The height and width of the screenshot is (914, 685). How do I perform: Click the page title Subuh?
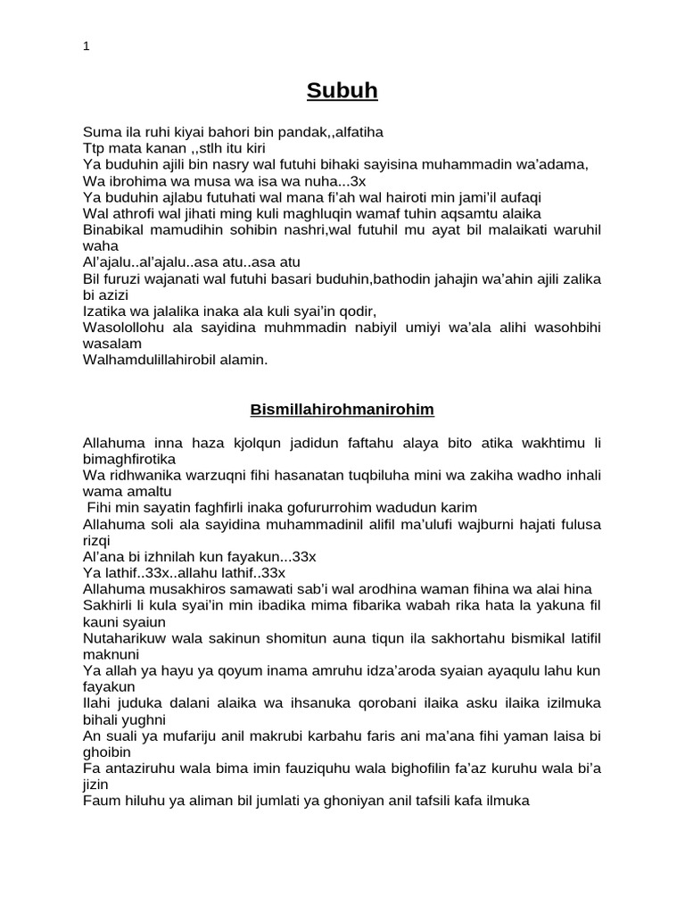pos(342,90)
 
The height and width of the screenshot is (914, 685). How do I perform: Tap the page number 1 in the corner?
pos(86,47)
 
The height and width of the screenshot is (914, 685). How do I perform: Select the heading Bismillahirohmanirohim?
pos(342,410)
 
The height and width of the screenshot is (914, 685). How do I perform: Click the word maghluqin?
pos(348,213)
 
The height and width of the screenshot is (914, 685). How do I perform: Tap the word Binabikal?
pos(115,229)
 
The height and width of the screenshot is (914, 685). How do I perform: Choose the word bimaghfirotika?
pos(130,458)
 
